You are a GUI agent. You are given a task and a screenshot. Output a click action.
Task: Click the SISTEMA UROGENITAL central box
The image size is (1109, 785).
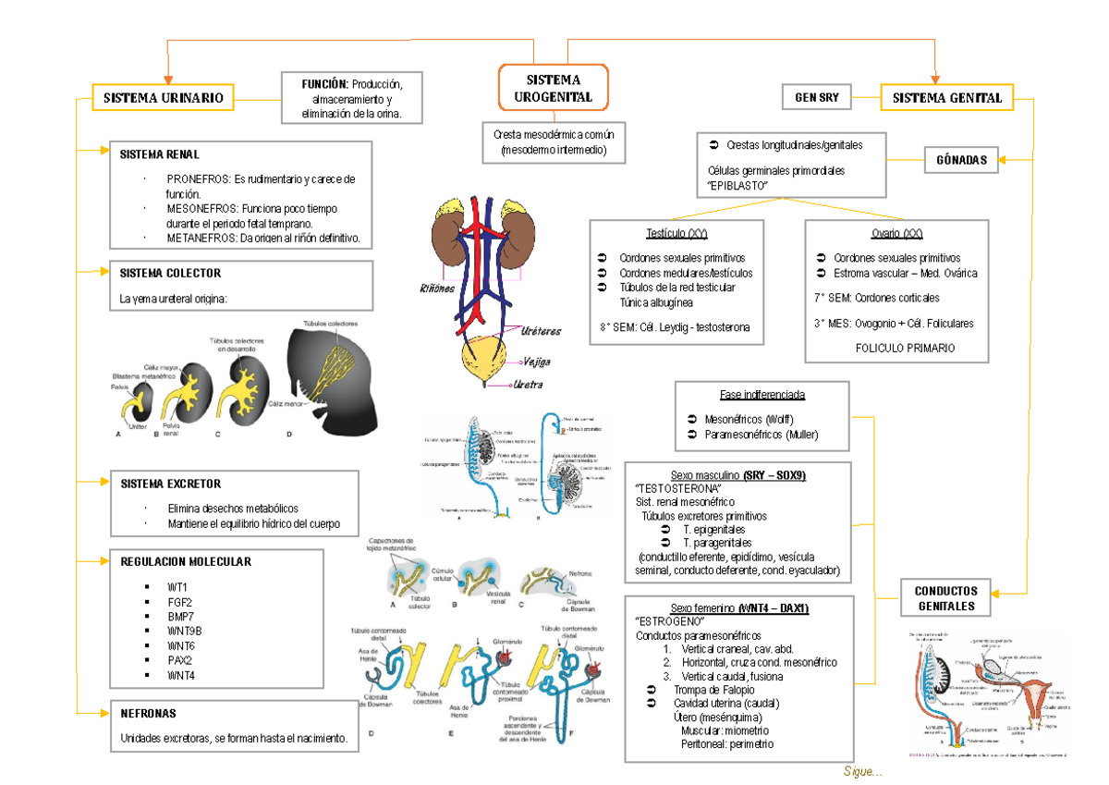point(553,89)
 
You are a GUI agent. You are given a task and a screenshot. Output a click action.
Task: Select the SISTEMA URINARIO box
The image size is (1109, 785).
point(163,97)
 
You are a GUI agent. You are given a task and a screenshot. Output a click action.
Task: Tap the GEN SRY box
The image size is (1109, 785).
point(817,97)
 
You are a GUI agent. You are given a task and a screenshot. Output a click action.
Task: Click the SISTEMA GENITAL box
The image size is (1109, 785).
point(947,97)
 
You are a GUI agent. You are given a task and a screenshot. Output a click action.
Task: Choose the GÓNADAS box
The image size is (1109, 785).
point(961,160)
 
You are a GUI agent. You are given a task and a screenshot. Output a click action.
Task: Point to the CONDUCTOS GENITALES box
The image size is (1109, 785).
point(945,598)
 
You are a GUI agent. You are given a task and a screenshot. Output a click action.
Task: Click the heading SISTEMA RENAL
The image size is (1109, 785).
point(159,154)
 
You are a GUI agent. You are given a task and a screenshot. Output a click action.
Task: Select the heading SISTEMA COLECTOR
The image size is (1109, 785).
point(170,274)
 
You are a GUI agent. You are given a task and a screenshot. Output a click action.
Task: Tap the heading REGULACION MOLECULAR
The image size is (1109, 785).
point(185,562)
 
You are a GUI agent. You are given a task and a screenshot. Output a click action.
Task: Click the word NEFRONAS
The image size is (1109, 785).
point(148,714)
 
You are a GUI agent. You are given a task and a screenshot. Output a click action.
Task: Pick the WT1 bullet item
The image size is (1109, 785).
point(177,587)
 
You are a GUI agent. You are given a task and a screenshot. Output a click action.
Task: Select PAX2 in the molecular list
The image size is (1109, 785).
point(179,660)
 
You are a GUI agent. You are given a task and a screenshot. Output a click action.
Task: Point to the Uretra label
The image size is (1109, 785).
point(527,385)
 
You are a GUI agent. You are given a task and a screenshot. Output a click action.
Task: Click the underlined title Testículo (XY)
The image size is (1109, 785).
point(677,234)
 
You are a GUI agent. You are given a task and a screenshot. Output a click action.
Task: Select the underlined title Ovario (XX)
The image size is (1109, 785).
point(896,234)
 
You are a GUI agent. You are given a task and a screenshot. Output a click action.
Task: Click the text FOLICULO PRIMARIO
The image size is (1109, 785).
point(905,349)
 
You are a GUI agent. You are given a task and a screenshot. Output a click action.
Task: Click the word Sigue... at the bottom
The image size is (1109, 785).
point(862,772)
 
